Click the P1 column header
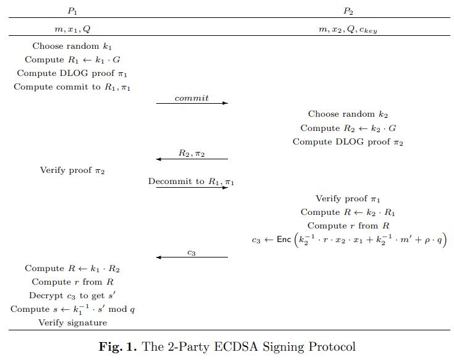[72, 10]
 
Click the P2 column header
[348, 10]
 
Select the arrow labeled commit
[191, 104]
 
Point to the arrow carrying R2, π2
[191, 159]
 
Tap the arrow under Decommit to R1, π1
[191, 187]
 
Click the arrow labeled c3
[191, 257]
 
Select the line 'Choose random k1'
[72, 46]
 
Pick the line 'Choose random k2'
[348, 114]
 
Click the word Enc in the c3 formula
[284, 239]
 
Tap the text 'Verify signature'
[72, 322]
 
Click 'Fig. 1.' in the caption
[118, 346]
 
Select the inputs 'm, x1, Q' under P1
[72, 28]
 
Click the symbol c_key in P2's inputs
[367, 30]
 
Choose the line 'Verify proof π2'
[72, 170]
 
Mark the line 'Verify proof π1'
[348, 198]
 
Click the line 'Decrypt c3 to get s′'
[72, 295]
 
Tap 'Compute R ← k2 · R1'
[348, 212]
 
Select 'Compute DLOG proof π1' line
[72, 73]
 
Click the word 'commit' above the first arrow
[191, 98]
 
